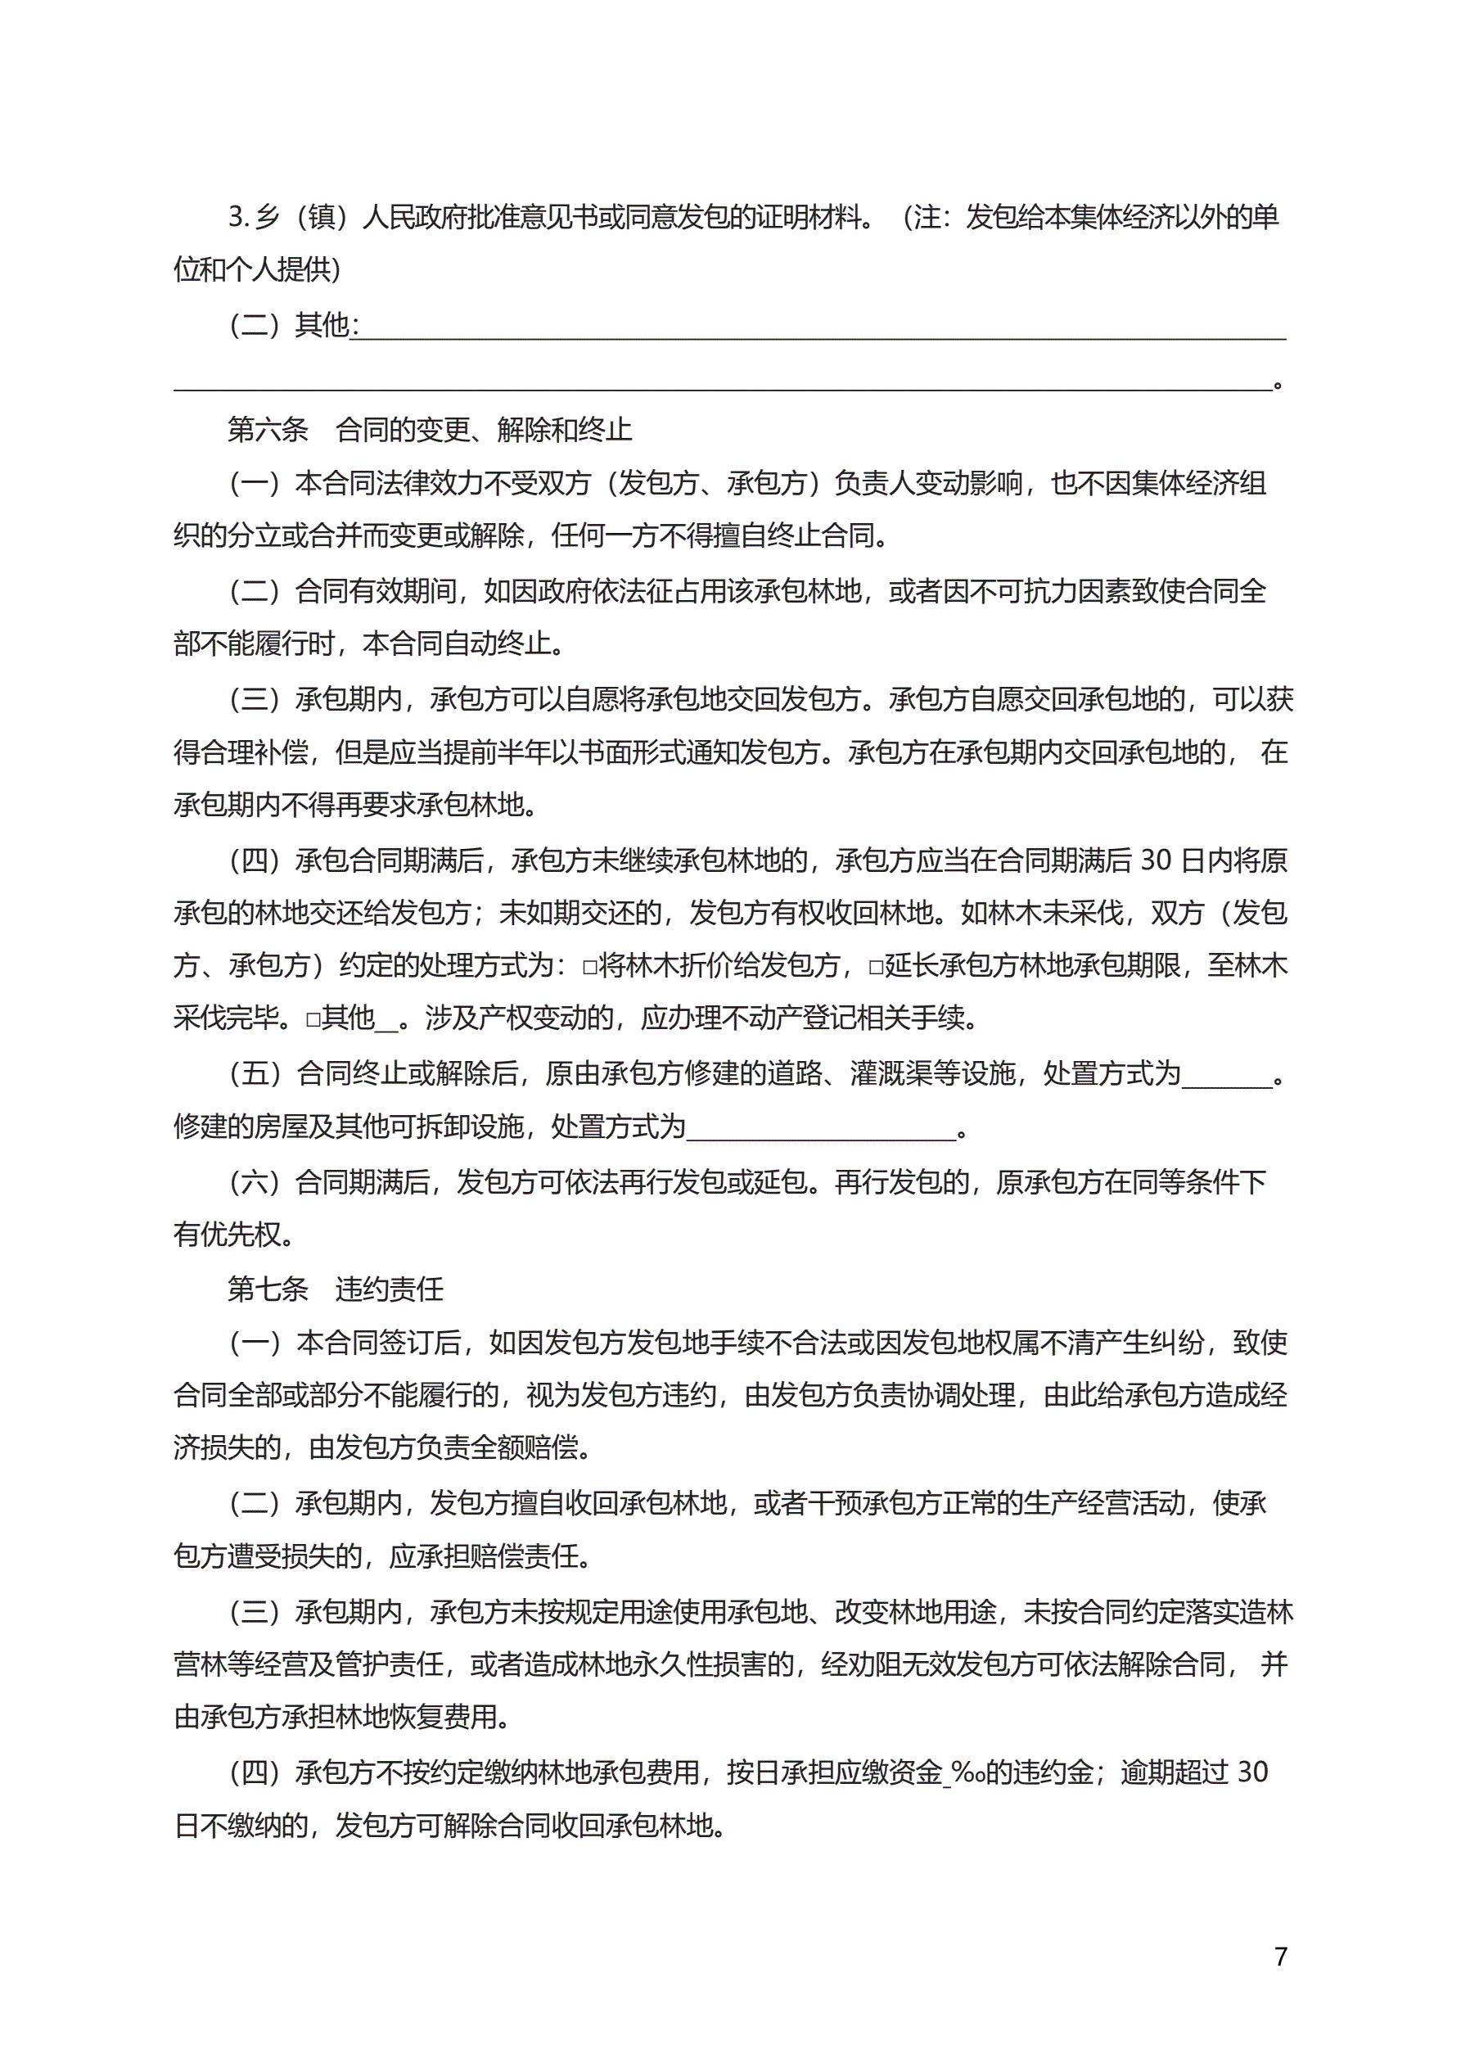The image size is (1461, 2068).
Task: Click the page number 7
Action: click(1280, 1957)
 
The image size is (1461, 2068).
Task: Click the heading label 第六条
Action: click(268, 430)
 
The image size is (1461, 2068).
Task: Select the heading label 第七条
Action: click(268, 1289)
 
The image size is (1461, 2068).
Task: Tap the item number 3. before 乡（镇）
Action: click(238, 217)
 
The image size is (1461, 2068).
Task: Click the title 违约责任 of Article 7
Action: click(389, 1289)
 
